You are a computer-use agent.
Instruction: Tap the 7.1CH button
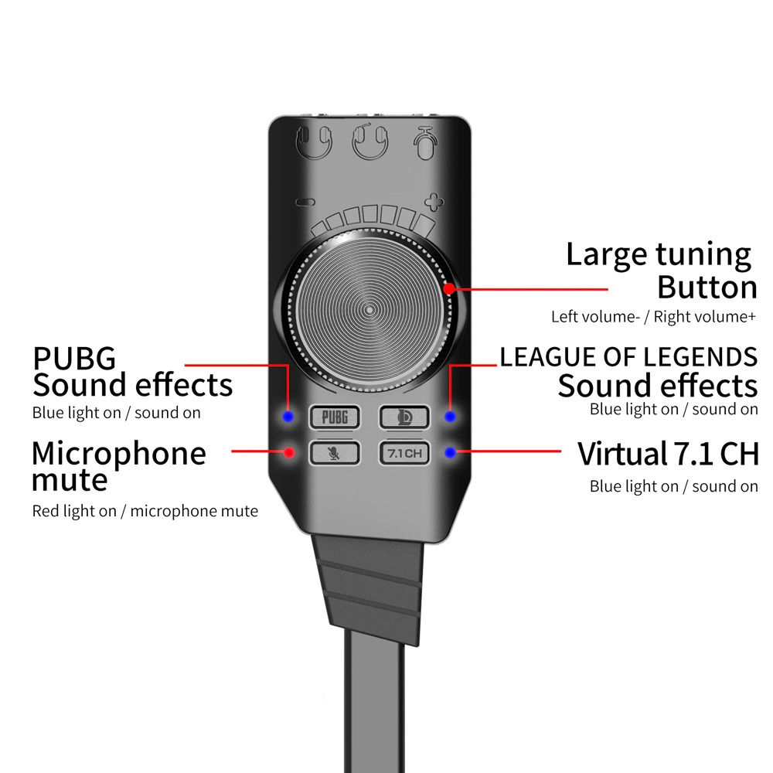404,453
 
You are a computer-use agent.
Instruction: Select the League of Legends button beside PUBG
404,417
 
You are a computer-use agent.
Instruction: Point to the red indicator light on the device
290,452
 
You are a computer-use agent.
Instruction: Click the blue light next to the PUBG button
288,417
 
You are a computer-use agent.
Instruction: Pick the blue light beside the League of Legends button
450,417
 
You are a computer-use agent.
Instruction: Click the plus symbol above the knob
435,203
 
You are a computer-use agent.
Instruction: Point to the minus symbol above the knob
306,203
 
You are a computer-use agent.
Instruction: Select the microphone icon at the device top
424,143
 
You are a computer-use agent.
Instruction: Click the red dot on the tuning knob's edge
449,288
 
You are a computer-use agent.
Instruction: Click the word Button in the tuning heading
707,288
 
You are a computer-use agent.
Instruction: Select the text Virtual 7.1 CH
668,455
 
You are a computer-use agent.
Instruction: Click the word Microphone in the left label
119,453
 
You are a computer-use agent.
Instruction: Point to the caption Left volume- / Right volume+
653,317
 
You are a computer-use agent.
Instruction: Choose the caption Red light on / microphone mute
145,511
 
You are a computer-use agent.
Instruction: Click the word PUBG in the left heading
74,359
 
